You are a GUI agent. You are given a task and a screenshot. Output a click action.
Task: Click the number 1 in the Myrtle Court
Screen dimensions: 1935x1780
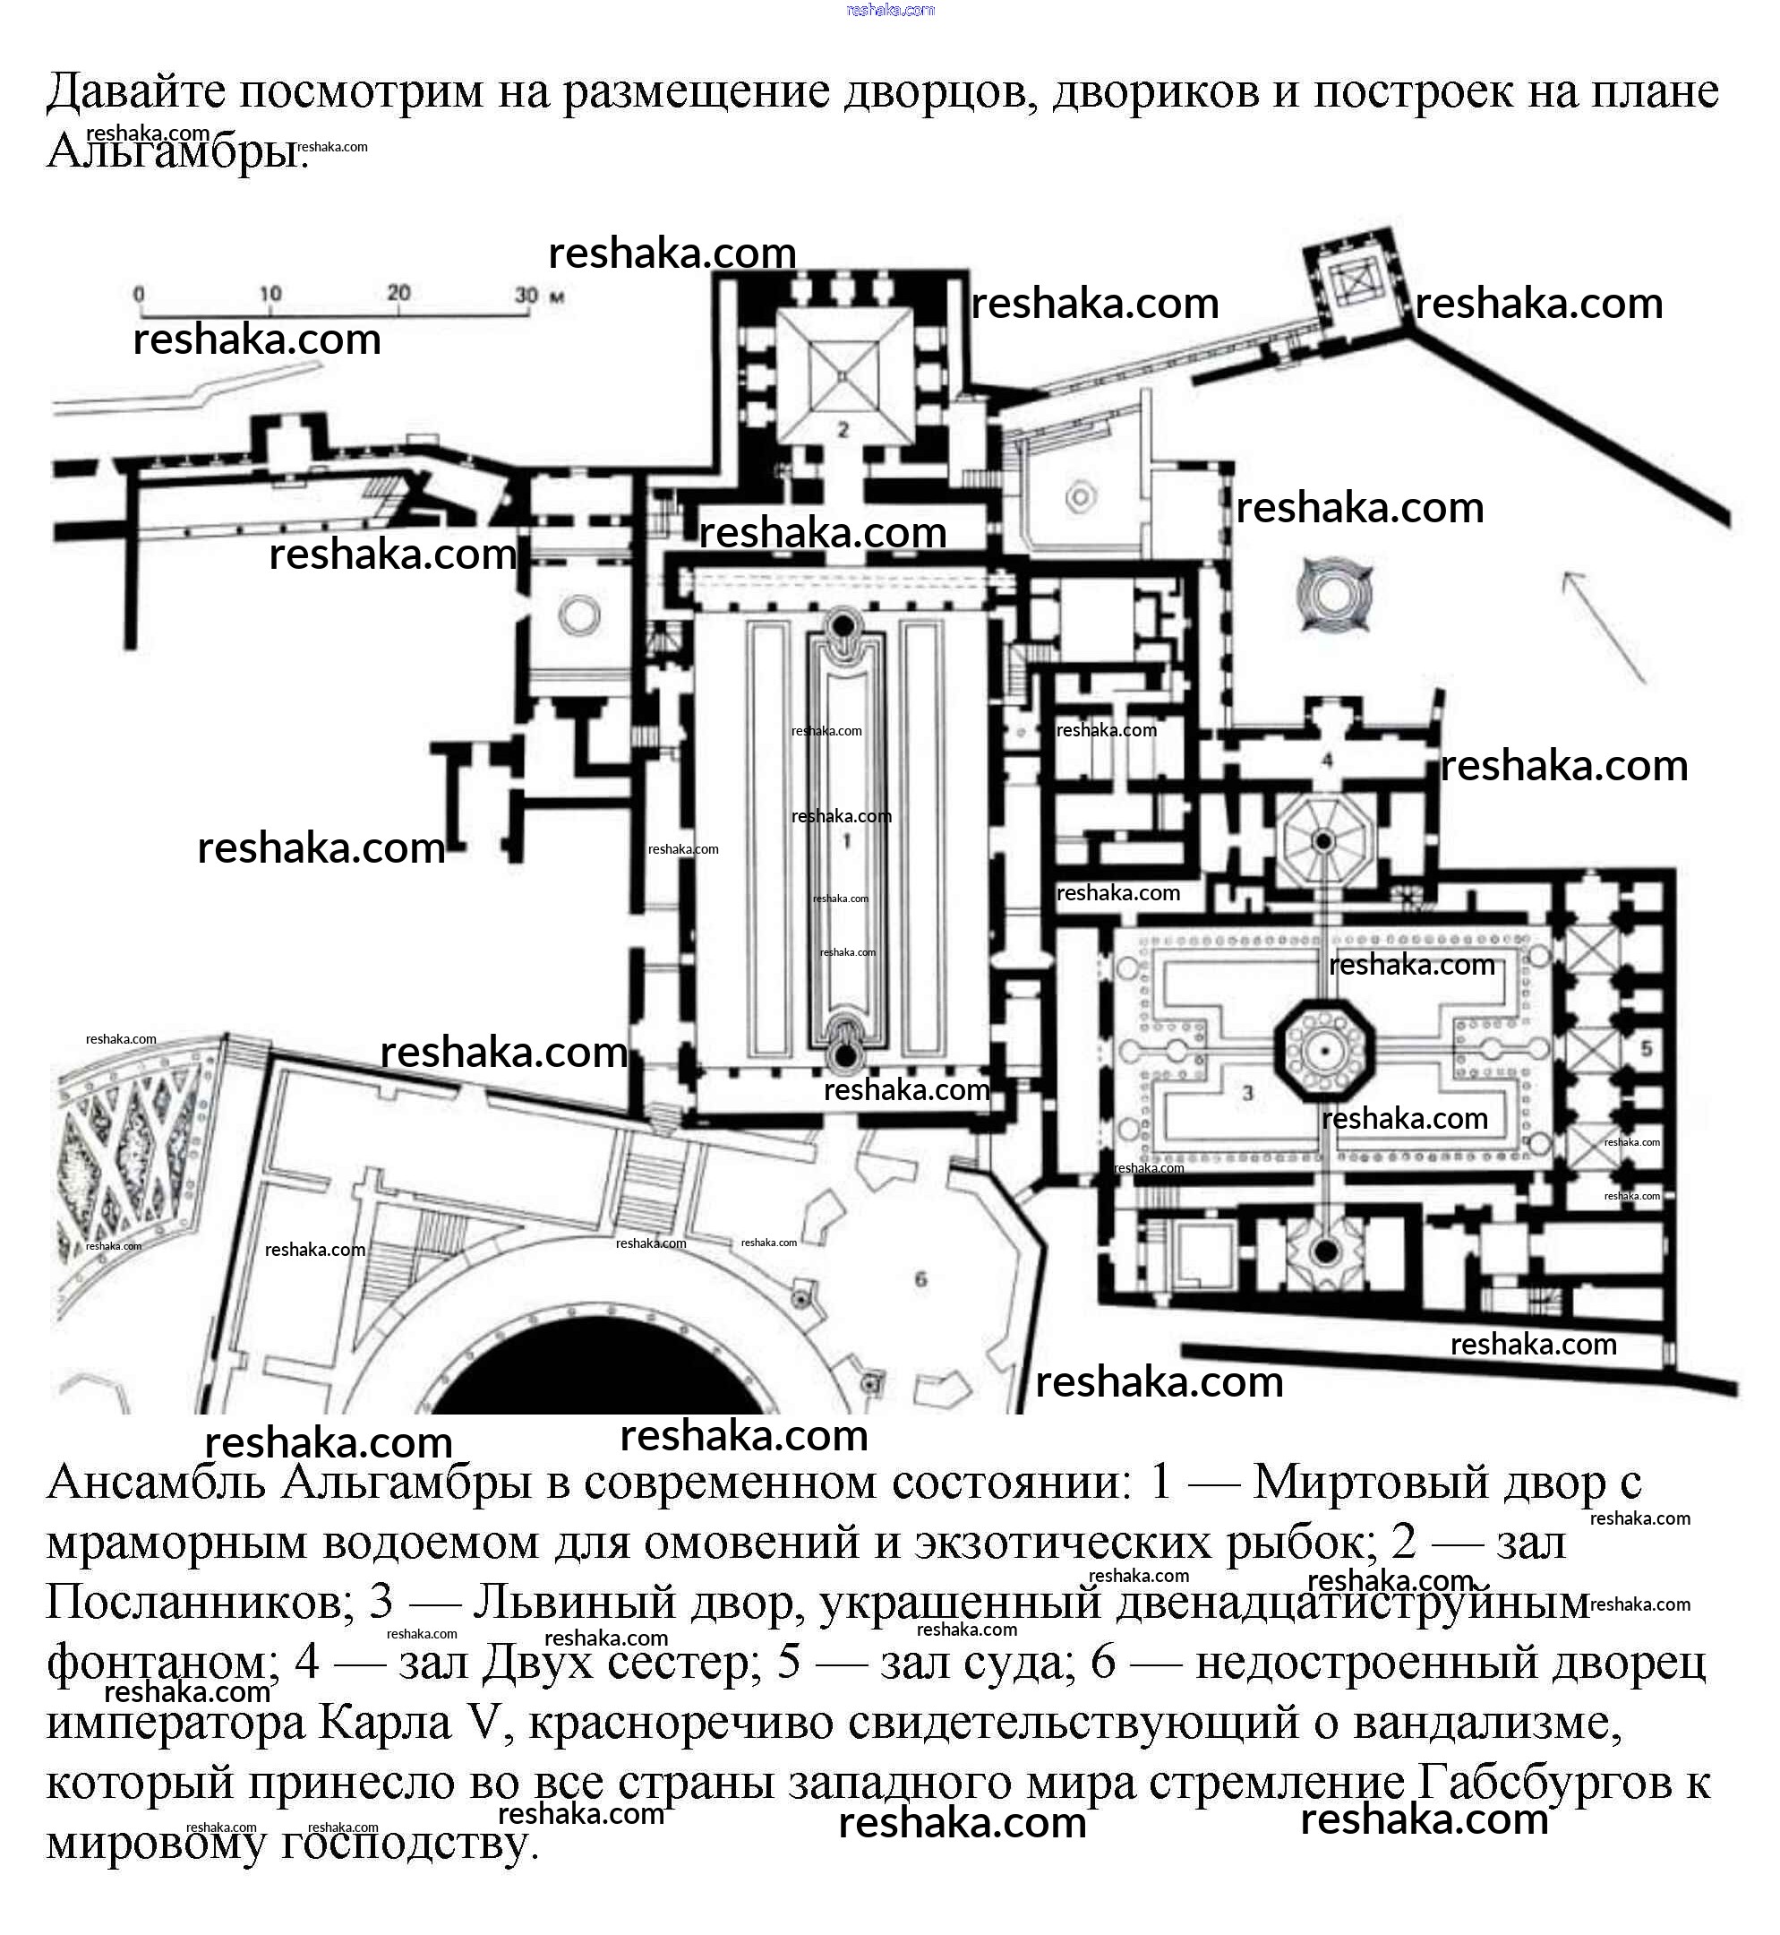847,841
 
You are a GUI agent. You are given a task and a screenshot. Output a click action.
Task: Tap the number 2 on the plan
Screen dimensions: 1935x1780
843,430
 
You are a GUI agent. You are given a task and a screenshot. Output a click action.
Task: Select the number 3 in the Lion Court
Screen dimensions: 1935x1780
1247,1093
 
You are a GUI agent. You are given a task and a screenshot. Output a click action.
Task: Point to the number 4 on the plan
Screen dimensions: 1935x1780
1326,761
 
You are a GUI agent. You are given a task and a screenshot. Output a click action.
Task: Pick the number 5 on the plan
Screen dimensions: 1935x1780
1646,1047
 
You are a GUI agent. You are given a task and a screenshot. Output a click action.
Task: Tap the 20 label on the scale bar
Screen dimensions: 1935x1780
398,292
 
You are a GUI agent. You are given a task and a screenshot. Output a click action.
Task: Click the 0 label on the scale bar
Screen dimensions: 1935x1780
140,294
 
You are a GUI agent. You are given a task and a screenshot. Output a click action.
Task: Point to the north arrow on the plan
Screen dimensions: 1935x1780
1603,626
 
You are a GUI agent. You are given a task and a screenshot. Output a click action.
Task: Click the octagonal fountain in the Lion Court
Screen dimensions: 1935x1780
1325,1051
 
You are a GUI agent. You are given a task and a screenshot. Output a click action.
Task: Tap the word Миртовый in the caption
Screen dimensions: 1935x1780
1378,1481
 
